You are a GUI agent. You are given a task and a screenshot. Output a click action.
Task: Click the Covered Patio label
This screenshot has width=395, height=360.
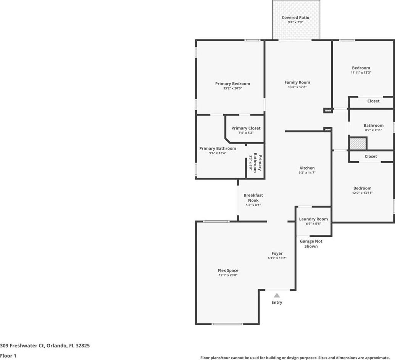point(295,18)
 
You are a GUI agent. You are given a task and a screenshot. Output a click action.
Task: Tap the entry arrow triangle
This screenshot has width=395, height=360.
point(277,295)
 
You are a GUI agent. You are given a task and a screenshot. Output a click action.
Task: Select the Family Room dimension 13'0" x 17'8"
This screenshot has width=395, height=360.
point(297,87)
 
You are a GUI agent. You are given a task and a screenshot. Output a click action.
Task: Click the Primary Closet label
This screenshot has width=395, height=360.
point(246,128)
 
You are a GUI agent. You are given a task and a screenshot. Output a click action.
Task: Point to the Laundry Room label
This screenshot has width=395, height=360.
point(313,219)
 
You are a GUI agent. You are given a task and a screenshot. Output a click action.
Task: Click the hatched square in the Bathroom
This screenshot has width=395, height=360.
point(358,144)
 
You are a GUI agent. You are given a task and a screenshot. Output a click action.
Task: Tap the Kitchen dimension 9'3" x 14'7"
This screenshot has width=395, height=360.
point(307,173)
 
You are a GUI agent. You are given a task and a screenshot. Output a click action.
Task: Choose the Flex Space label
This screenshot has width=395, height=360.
point(228,270)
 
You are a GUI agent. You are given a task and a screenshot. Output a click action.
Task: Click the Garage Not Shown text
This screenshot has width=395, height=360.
point(311,244)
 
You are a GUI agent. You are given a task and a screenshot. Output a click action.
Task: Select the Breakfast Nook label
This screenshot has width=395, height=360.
point(253,198)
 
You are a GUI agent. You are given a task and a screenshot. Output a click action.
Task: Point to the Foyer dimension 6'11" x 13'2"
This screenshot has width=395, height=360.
point(277,258)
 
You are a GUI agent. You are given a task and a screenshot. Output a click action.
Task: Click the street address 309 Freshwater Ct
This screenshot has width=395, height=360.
point(22,346)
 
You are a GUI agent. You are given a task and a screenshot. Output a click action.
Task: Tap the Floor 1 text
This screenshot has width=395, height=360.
point(8,356)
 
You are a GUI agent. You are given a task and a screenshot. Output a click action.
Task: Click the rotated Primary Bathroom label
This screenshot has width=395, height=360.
point(258,163)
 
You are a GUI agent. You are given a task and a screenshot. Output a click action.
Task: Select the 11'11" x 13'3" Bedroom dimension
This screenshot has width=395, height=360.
point(361,72)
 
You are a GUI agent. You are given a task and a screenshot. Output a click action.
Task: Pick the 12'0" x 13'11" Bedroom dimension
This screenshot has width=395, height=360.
point(362,193)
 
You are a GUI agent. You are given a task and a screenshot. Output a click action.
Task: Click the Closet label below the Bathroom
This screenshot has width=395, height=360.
point(371,156)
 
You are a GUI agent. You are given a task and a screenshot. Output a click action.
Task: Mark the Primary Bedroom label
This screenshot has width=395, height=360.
point(232,84)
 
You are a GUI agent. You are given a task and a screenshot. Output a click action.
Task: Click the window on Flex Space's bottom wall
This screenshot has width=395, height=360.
point(227,324)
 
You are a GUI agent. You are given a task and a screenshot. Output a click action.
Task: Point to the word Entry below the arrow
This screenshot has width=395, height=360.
point(277,302)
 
